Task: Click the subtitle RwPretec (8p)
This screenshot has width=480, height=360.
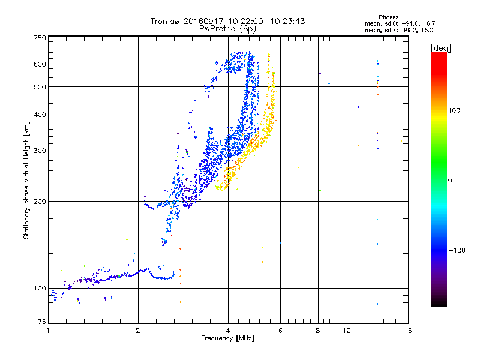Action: [227, 29]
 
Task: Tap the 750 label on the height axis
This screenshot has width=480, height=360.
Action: [40, 38]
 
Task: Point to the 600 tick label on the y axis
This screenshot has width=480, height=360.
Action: [40, 64]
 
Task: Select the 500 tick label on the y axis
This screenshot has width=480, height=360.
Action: [40, 87]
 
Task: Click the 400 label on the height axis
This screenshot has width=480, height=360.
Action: [40, 115]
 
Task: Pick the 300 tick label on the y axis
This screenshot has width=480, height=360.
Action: [40, 151]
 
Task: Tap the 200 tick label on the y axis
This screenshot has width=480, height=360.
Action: [40, 202]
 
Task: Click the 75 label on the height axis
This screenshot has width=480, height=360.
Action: [42, 322]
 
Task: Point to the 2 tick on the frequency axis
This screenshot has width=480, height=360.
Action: [138, 331]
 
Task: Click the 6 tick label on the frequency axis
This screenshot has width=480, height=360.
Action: [280, 331]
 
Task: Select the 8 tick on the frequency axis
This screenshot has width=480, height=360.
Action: [318, 331]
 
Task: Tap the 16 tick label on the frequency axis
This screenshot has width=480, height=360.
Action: [408, 331]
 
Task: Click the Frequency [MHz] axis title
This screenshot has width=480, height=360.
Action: [227, 338]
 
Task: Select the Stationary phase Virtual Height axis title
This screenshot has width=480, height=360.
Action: [26, 180]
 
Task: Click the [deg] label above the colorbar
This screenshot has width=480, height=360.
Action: [440, 48]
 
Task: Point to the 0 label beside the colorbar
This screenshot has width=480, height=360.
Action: [449, 181]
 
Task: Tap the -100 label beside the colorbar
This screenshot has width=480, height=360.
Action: [457, 250]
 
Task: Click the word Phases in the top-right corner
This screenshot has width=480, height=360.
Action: [388, 17]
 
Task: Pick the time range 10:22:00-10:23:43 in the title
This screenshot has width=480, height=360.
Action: [266, 21]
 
